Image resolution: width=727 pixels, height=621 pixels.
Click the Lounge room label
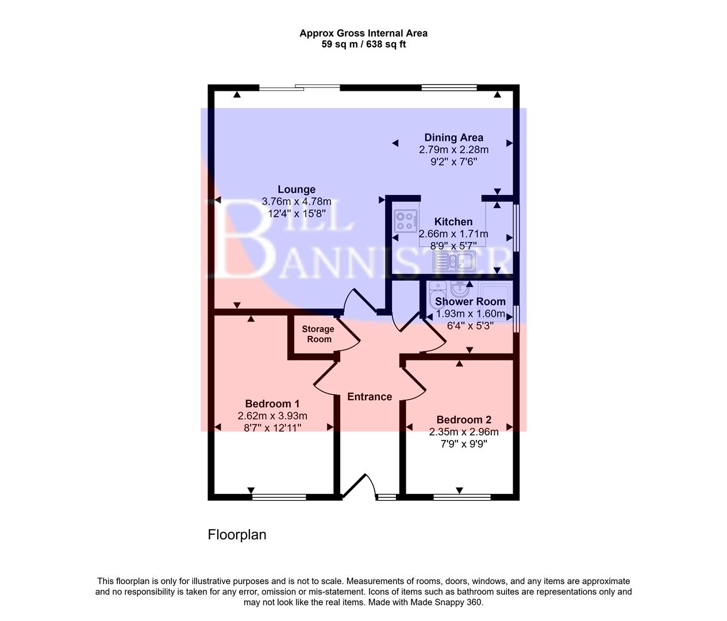click(296, 189)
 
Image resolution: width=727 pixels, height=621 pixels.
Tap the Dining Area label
click(453, 137)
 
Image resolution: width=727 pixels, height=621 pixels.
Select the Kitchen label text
click(453, 221)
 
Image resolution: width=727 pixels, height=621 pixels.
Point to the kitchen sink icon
click(454, 262)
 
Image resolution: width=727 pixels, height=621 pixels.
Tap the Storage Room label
click(318, 334)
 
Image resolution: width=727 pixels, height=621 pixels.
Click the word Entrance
click(370, 397)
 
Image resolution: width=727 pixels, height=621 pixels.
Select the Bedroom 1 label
click(272, 404)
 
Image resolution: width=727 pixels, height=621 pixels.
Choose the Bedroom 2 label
click(463, 420)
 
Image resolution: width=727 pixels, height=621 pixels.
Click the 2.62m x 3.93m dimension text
click(272, 416)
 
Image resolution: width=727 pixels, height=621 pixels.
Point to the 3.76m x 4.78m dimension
click(296, 201)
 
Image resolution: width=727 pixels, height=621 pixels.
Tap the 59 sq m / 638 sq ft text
click(363, 44)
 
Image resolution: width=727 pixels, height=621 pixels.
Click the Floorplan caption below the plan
click(237, 535)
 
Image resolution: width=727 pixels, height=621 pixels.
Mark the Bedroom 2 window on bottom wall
click(461, 497)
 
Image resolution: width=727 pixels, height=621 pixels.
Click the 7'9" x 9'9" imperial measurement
click(463, 444)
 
